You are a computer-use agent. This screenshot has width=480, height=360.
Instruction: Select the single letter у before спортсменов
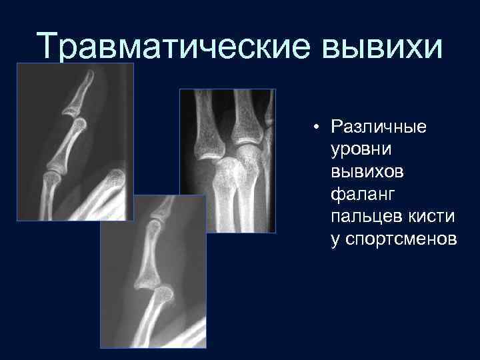(335, 239)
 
